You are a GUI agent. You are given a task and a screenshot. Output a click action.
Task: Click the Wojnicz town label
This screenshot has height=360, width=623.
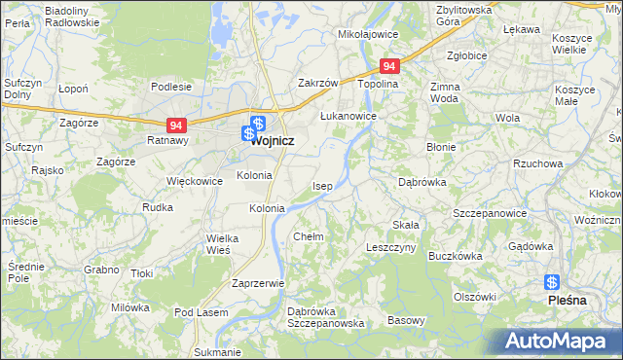274,141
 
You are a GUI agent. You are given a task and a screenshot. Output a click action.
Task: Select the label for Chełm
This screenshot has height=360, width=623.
308,236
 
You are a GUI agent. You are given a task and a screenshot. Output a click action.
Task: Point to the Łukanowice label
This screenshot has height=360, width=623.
348,115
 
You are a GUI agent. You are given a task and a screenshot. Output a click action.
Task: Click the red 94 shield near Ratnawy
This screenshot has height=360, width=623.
176,126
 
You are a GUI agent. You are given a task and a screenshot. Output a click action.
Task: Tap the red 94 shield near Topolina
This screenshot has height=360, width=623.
389,66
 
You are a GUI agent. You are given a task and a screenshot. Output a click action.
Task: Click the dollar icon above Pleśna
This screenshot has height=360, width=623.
552,282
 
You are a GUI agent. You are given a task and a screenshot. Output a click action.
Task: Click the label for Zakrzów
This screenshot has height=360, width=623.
317,84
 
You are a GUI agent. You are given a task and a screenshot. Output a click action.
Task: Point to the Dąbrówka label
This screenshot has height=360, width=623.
422,181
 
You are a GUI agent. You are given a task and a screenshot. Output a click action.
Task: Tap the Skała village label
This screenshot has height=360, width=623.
406,225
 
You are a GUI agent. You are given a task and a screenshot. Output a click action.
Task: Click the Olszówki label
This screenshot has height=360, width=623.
475,296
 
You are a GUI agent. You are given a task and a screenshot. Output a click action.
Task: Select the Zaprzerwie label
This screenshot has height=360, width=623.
257,283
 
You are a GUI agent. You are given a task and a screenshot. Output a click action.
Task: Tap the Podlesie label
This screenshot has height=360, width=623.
171,87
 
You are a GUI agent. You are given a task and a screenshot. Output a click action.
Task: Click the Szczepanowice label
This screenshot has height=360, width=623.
490,213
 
